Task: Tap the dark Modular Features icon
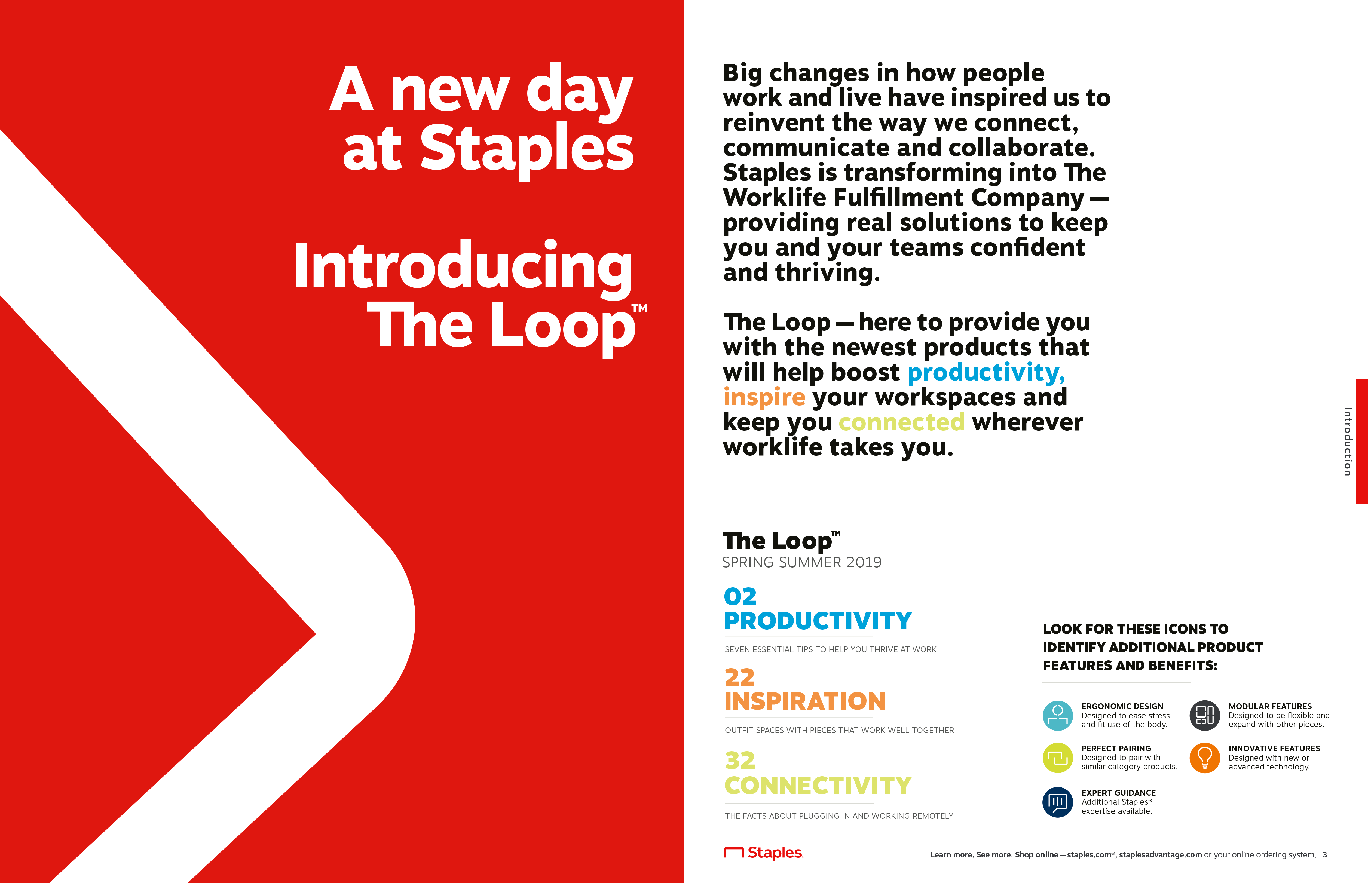tap(1205, 716)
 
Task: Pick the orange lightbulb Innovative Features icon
tap(1205, 758)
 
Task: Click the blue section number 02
tap(740, 597)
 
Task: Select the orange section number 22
tap(740, 678)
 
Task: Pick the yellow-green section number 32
tap(740, 761)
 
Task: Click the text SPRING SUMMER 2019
tap(801, 562)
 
